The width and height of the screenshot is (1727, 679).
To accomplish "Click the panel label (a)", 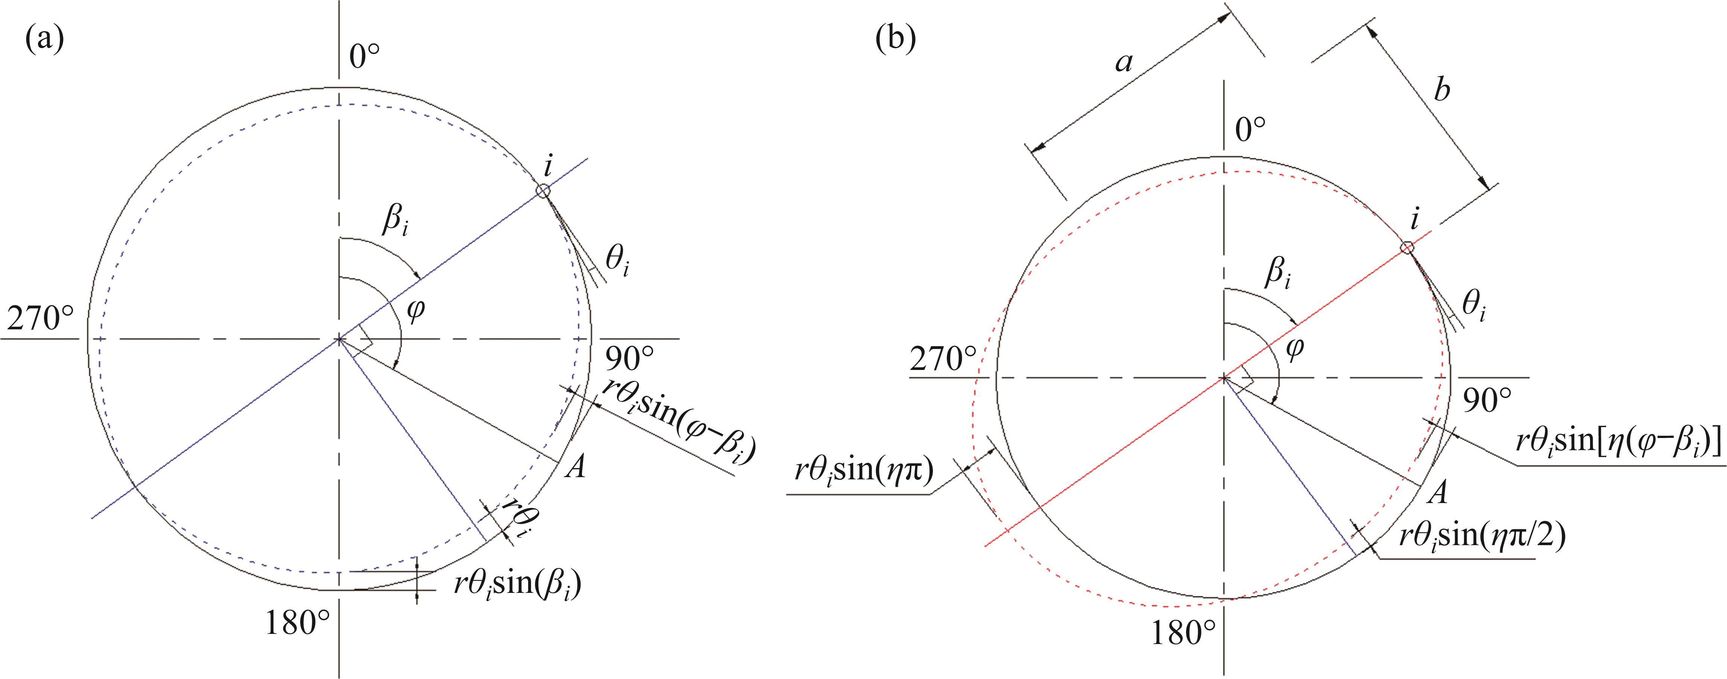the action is click(x=45, y=40).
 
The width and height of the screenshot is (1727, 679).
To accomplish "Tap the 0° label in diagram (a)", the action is click(x=365, y=57).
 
